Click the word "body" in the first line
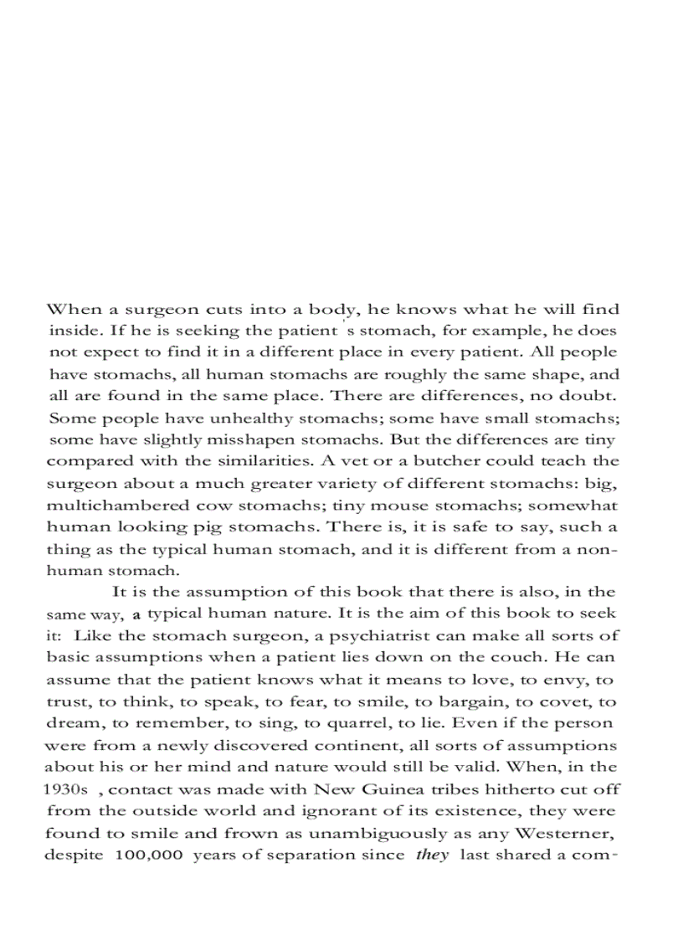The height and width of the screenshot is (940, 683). [x=338, y=310]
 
